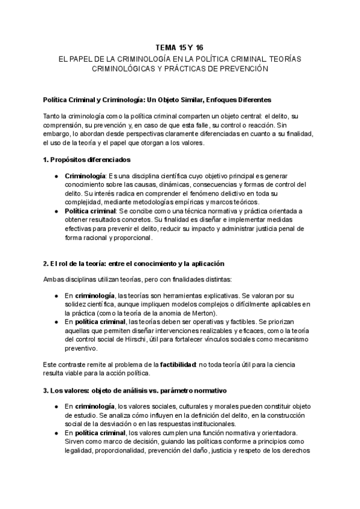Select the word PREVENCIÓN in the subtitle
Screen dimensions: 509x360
pos(229,69)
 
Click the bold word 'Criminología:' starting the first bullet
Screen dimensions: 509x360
pos(85,175)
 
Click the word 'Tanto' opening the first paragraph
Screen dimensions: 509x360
pos(53,115)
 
